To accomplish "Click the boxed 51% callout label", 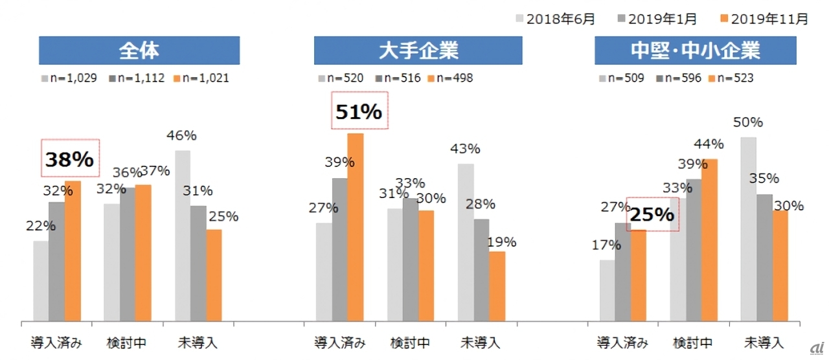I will (359, 111).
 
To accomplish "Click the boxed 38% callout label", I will (69, 159).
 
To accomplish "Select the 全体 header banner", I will (139, 51).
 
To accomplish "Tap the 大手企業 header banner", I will (418, 51).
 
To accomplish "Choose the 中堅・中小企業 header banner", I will (695, 51).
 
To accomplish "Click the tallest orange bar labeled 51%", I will (355, 227).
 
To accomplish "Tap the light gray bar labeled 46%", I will (182, 236).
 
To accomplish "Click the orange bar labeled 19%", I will (497, 286).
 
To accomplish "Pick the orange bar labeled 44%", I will (710, 240).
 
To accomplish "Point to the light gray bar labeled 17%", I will (607, 290).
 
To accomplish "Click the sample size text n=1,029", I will (73, 78).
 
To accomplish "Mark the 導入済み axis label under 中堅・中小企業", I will (621, 343).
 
